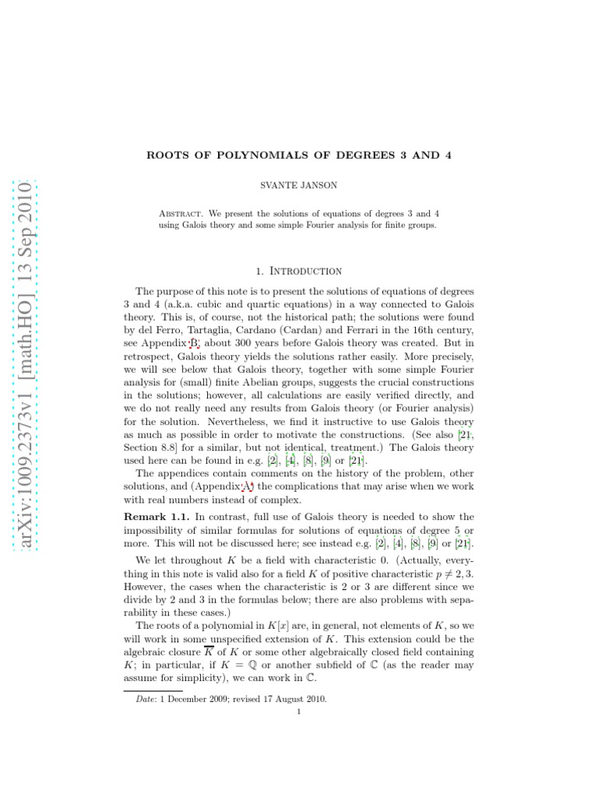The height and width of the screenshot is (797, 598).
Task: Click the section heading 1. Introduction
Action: [x=299, y=271]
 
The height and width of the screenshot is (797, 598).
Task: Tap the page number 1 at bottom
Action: [x=299, y=711]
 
